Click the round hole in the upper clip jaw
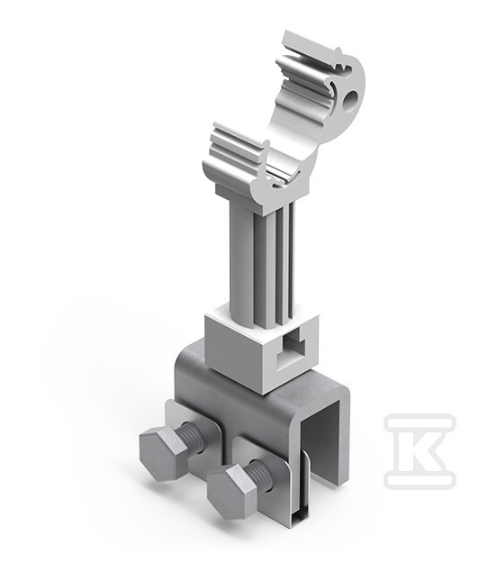[350, 99]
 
